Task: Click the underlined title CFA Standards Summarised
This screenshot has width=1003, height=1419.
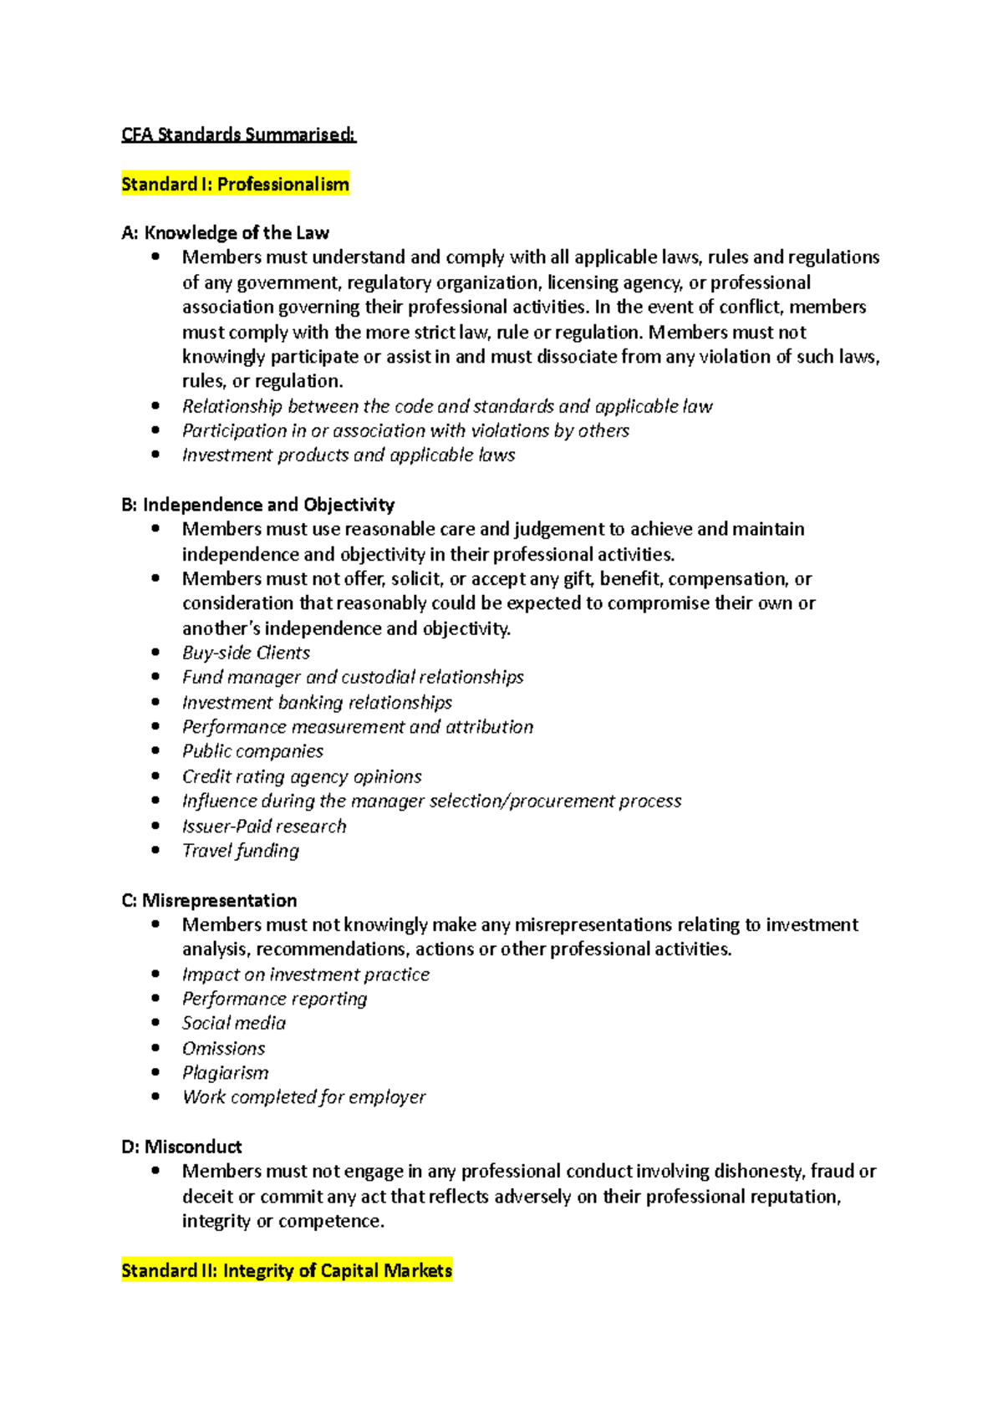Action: click(238, 135)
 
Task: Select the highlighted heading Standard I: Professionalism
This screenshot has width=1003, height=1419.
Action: click(235, 184)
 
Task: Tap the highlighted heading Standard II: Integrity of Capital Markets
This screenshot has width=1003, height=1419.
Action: click(287, 1270)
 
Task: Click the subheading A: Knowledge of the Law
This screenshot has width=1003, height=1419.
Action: click(225, 232)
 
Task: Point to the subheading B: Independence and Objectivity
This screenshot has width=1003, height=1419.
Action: click(257, 504)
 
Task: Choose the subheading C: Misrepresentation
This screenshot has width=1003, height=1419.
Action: click(209, 900)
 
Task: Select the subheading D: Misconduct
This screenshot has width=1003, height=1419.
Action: click(181, 1147)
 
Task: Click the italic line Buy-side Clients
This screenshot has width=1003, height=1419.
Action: click(246, 653)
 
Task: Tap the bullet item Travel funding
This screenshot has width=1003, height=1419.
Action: click(241, 851)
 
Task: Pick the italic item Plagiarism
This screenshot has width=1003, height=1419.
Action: click(226, 1072)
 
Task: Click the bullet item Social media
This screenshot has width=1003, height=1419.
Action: click(234, 1023)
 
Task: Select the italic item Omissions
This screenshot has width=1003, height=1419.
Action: click(223, 1048)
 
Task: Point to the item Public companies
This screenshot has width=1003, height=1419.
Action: click(252, 751)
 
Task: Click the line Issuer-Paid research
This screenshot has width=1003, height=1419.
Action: click(264, 826)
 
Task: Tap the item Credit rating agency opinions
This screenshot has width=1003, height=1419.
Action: click(302, 776)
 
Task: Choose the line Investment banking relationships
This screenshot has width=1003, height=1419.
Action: click(317, 702)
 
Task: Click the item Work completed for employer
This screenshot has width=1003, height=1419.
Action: click(303, 1097)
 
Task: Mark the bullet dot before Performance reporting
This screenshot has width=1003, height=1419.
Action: click(155, 998)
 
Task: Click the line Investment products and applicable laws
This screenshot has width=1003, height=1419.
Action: click(349, 455)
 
